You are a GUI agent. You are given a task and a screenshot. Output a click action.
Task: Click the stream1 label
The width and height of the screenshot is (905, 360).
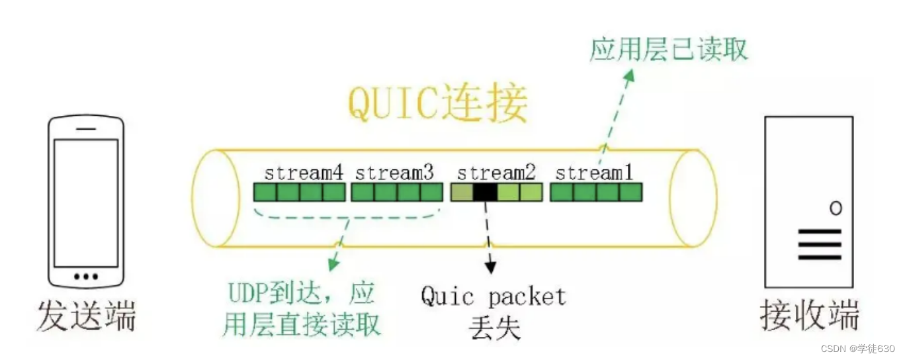pos(594,173)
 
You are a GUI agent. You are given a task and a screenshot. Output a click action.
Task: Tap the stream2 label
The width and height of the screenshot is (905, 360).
pos(496,173)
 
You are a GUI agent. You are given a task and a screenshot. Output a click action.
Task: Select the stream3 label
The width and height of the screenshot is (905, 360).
pos(395,173)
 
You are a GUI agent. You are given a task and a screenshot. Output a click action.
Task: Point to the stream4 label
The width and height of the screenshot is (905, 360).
pos(304,173)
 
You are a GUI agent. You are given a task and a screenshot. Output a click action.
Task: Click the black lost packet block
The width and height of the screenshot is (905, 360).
pos(485,193)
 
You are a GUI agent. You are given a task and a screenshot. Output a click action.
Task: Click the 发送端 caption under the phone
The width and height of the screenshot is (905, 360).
pos(87,316)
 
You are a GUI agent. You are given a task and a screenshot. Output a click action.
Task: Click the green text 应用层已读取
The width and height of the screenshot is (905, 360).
pos(668,48)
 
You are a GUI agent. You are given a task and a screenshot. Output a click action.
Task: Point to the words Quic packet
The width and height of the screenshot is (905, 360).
pos(494,296)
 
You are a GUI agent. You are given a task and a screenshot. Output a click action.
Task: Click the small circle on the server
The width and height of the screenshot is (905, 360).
pos(836,208)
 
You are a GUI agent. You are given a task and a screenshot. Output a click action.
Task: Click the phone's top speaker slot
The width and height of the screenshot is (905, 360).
pos(86,128)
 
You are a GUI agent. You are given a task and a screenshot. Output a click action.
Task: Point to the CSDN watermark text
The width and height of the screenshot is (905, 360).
pos(857,348)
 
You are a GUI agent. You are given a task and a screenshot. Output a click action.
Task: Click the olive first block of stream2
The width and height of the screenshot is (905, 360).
pos(462,193)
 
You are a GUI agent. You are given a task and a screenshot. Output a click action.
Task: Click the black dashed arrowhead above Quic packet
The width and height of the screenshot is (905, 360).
pos(490,267)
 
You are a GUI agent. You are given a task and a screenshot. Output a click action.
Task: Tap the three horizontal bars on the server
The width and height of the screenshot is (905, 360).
pos(820,245)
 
